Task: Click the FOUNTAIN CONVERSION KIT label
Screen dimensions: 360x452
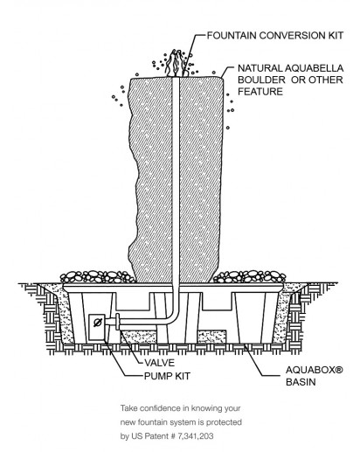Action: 275,36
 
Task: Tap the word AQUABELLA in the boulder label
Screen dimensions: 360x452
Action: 314,68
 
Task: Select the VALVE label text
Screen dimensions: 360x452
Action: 160,363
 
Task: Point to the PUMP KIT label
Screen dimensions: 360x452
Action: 167,376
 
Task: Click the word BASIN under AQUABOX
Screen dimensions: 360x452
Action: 301,382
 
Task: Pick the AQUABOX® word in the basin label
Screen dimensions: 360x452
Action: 315,370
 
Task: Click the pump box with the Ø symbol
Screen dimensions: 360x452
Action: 97,327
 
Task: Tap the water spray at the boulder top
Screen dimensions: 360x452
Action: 176,63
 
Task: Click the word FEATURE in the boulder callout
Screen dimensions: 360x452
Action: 260,92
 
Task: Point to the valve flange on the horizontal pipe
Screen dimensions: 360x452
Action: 118,322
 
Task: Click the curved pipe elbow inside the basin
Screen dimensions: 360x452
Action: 171,317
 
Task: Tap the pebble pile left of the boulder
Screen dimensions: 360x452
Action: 97,277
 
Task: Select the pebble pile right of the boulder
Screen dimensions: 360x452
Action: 249,277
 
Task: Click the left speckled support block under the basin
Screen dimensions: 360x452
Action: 138,337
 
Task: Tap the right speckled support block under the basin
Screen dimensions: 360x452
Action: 211,337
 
